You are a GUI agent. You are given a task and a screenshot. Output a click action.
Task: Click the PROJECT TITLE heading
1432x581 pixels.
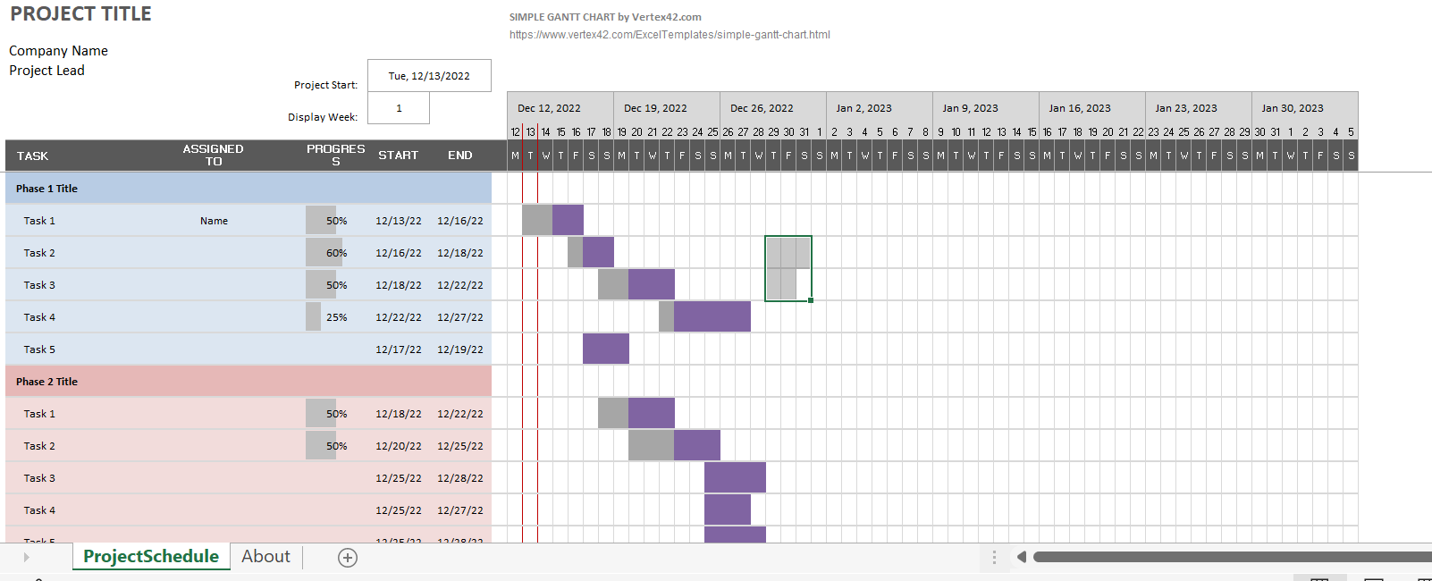80,14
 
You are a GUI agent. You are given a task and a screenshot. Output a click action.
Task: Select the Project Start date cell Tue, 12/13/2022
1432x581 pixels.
429,76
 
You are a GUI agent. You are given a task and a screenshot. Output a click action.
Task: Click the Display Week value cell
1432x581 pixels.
399,108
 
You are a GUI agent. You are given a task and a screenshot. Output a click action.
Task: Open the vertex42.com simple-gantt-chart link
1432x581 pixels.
670,35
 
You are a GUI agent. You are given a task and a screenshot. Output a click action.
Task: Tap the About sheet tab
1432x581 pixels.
265,557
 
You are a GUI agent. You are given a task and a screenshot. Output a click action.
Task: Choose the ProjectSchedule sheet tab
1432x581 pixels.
151,557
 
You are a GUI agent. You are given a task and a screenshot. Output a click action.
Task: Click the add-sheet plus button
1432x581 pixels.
348,558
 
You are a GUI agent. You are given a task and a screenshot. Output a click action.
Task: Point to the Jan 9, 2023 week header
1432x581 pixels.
970,108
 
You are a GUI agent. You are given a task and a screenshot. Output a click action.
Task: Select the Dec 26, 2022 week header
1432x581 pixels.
762,108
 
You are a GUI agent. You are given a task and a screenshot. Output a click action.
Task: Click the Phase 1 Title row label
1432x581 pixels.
46,189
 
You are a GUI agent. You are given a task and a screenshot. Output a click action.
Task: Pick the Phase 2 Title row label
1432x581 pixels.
46,382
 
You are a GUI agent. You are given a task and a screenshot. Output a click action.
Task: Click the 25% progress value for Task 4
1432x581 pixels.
336,317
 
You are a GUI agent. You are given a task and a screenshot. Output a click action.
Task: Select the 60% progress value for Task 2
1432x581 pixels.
336,253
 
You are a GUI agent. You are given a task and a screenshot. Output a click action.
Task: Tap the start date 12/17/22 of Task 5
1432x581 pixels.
398,349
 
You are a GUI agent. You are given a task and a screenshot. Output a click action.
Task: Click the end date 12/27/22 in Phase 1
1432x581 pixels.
459,317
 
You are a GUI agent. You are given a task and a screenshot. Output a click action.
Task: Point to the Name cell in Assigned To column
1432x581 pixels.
214,221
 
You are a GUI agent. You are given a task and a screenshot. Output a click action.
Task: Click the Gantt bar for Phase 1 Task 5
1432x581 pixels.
605,349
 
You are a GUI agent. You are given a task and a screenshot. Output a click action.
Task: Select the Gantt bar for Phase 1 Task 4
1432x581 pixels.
712,316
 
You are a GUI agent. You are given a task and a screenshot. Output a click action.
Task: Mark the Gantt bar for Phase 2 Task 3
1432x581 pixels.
735,477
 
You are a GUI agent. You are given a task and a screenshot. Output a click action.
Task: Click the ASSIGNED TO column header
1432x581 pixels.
213,155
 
